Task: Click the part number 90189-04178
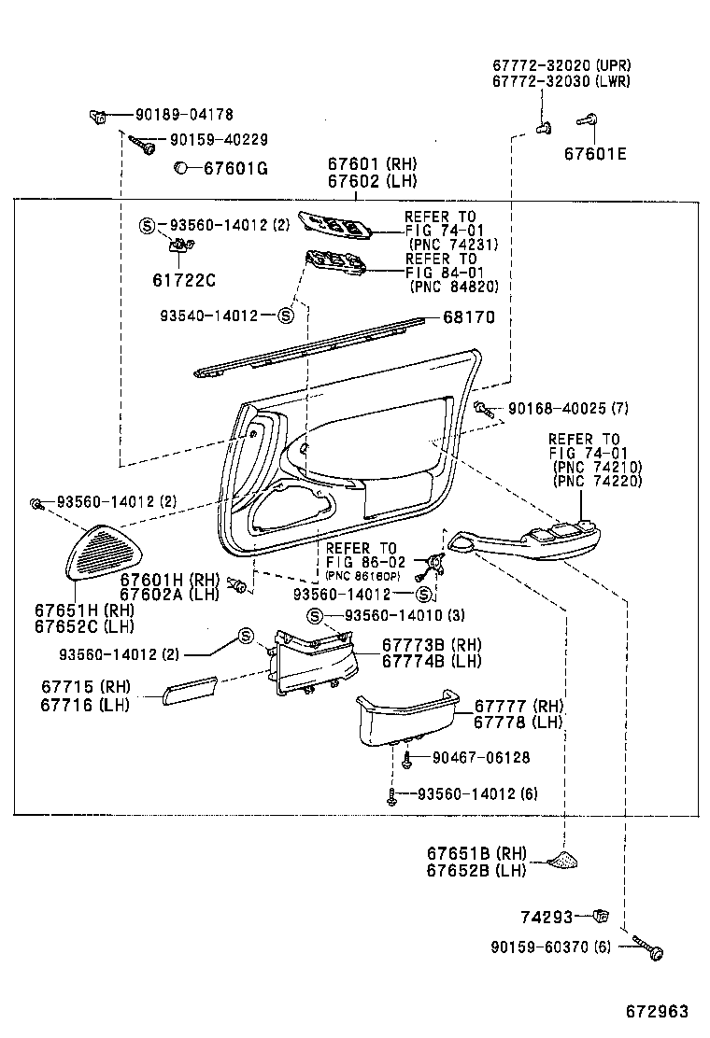184,115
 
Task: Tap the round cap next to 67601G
182,168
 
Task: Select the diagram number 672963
657,1011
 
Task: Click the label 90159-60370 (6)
550,946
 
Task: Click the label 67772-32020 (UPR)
561,65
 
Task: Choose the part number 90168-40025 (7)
569,409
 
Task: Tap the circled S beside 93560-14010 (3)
316,615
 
